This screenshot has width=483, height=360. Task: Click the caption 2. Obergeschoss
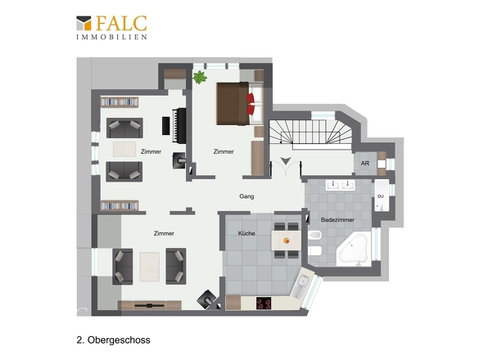pyautogui.click(x=112, y=338)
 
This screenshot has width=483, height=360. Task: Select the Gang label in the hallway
pyautogui.click(x=246, y=196)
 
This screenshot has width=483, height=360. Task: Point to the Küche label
pyautogui.click(x=246, y=233)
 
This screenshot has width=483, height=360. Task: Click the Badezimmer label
pyautogui.click(x=336, y=219)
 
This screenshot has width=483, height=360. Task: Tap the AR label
pyautogui.click(x=365, y=163)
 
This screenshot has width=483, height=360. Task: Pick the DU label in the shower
pyautogui.click(x=381, y=197)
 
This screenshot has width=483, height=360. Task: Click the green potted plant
pyautogui.click(x=199, y=78)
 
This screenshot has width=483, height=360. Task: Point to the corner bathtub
pyautogui.click(x=353, y=250)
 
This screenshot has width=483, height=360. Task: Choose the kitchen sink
pyautogui.click(x=303, y=286)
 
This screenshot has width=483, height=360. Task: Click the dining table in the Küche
pyautogui.click(x=286, y=238)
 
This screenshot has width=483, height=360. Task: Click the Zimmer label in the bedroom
pyautogui.click(x=223, y=151)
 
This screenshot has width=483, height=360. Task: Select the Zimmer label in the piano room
pyautogui.click(x=151, y=152)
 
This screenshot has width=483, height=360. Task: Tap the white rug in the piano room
pyautogui.click(x=124, y=149)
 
